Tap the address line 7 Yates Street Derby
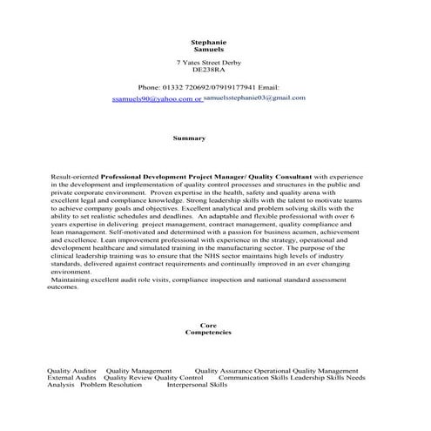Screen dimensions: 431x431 [x=209, y=63]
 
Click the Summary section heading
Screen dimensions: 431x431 [x=189, y=138]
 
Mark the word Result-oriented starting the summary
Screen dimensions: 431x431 [x=75, y=176]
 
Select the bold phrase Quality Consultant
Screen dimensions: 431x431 [x=279, y=176]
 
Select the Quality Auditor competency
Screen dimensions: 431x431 [x=71, y=370]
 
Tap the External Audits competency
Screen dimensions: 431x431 [x=71, y=377]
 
